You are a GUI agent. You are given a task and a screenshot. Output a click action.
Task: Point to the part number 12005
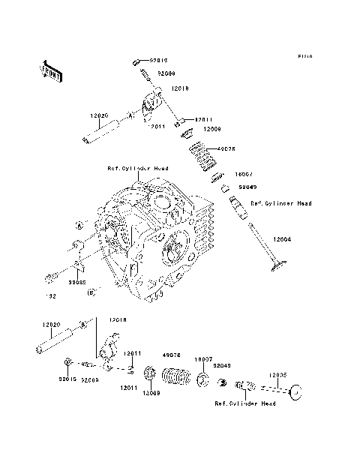(x=277, y=373)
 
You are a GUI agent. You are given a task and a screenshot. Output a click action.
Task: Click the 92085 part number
(x=77, y=284)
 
